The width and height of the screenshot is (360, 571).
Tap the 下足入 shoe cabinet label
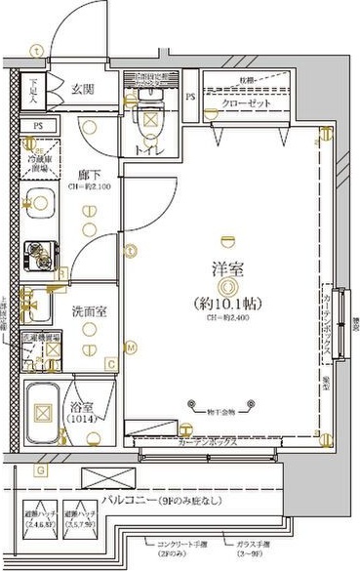(32, 91)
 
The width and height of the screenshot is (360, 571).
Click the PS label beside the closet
(191, 98)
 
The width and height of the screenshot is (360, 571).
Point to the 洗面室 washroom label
(87, 312)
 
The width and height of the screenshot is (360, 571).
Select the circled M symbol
(129, 347)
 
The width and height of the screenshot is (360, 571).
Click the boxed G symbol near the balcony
(40, 471)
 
